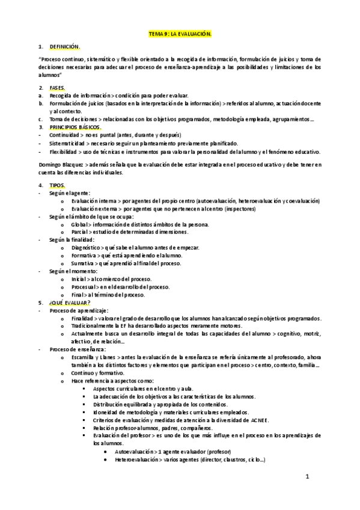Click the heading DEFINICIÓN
point(64,46)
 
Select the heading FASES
point(58,88)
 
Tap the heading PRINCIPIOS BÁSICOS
point(75,127)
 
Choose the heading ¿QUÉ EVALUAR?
point(69,303)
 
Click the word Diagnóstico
point(86,247)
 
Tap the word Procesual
point(84,287)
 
